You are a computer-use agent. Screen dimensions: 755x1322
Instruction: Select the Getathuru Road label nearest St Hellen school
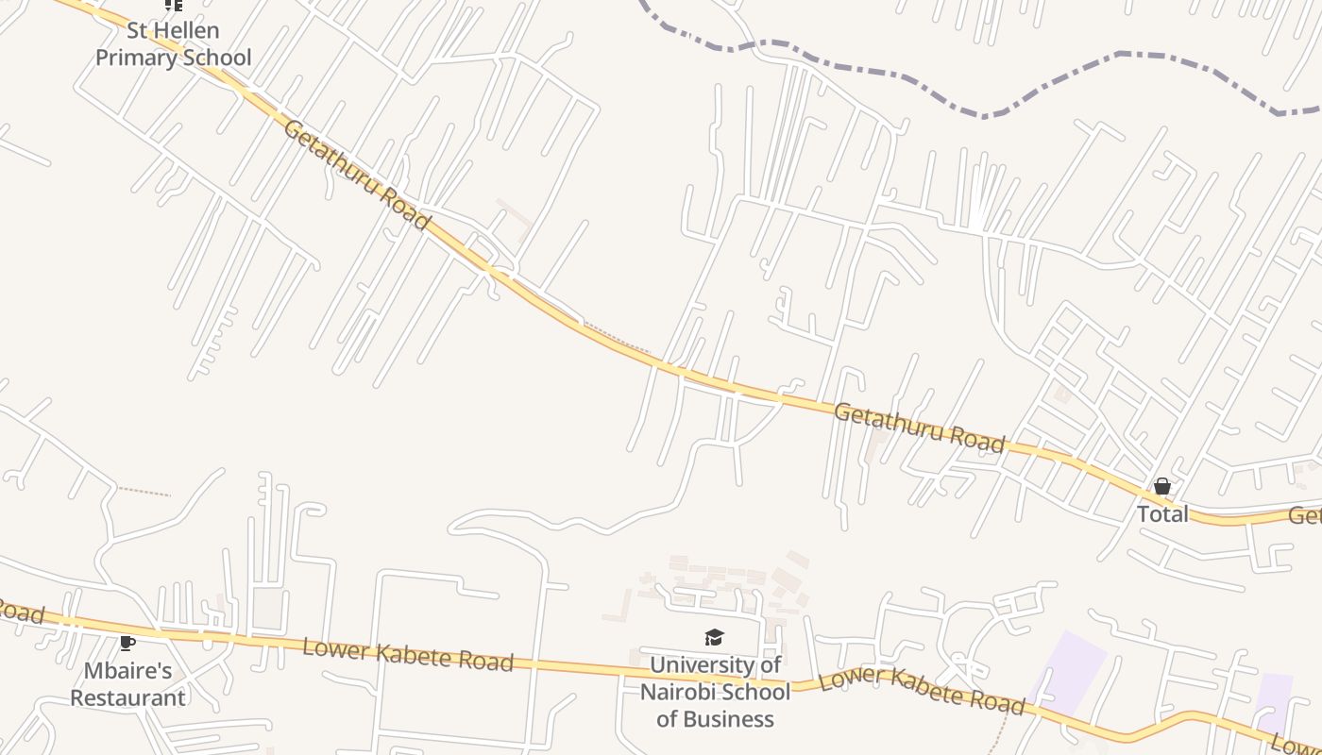(x=356, y=174)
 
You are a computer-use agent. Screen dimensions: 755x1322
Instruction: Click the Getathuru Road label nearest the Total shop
(x=919, y=428)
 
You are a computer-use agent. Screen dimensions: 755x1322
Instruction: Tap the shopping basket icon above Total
(x=1162, y=487)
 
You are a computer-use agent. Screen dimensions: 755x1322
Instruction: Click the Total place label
(x=1162, y=514)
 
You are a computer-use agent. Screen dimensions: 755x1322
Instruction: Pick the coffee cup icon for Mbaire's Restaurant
(x=127, y=644)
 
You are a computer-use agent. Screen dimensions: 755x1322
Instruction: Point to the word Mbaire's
(x=127, y=671)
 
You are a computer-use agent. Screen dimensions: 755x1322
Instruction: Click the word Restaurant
(x=127, y=698)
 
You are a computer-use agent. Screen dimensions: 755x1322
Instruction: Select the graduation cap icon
(x=714, y=639)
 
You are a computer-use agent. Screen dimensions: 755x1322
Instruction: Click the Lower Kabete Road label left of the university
(x=408, y=654)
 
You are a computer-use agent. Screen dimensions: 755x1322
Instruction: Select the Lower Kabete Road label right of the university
(x=921, y=691)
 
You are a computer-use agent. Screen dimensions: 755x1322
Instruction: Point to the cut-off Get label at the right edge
(x=1305, y=516)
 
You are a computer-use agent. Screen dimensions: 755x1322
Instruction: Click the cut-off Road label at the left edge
(x=19, y=612)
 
